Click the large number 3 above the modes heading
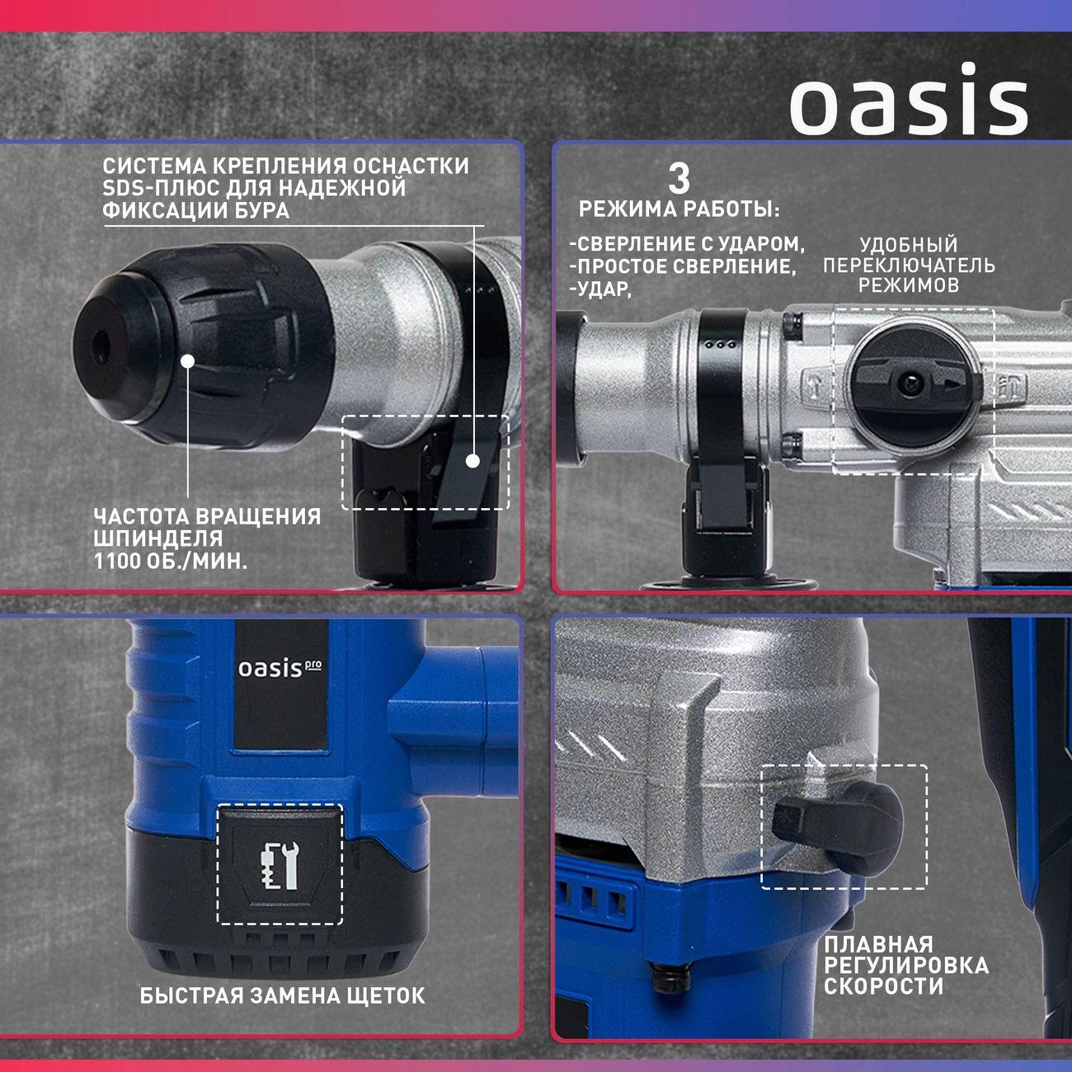coord(678,179)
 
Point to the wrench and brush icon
coord(279,865)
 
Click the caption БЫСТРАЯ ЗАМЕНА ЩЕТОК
coord(283,995)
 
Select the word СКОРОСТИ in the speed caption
coord(883,986)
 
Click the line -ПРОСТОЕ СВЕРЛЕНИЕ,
coord(684,267)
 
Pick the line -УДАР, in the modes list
coord(599,289)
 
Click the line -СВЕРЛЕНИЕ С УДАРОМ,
coord(687,245)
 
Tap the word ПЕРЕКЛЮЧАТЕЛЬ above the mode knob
coord(909,266)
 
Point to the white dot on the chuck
coord(187,361)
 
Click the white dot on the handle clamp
coord(473,461)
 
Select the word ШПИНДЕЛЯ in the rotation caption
coord(158,539)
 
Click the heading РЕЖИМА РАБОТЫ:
coord(679,209)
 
